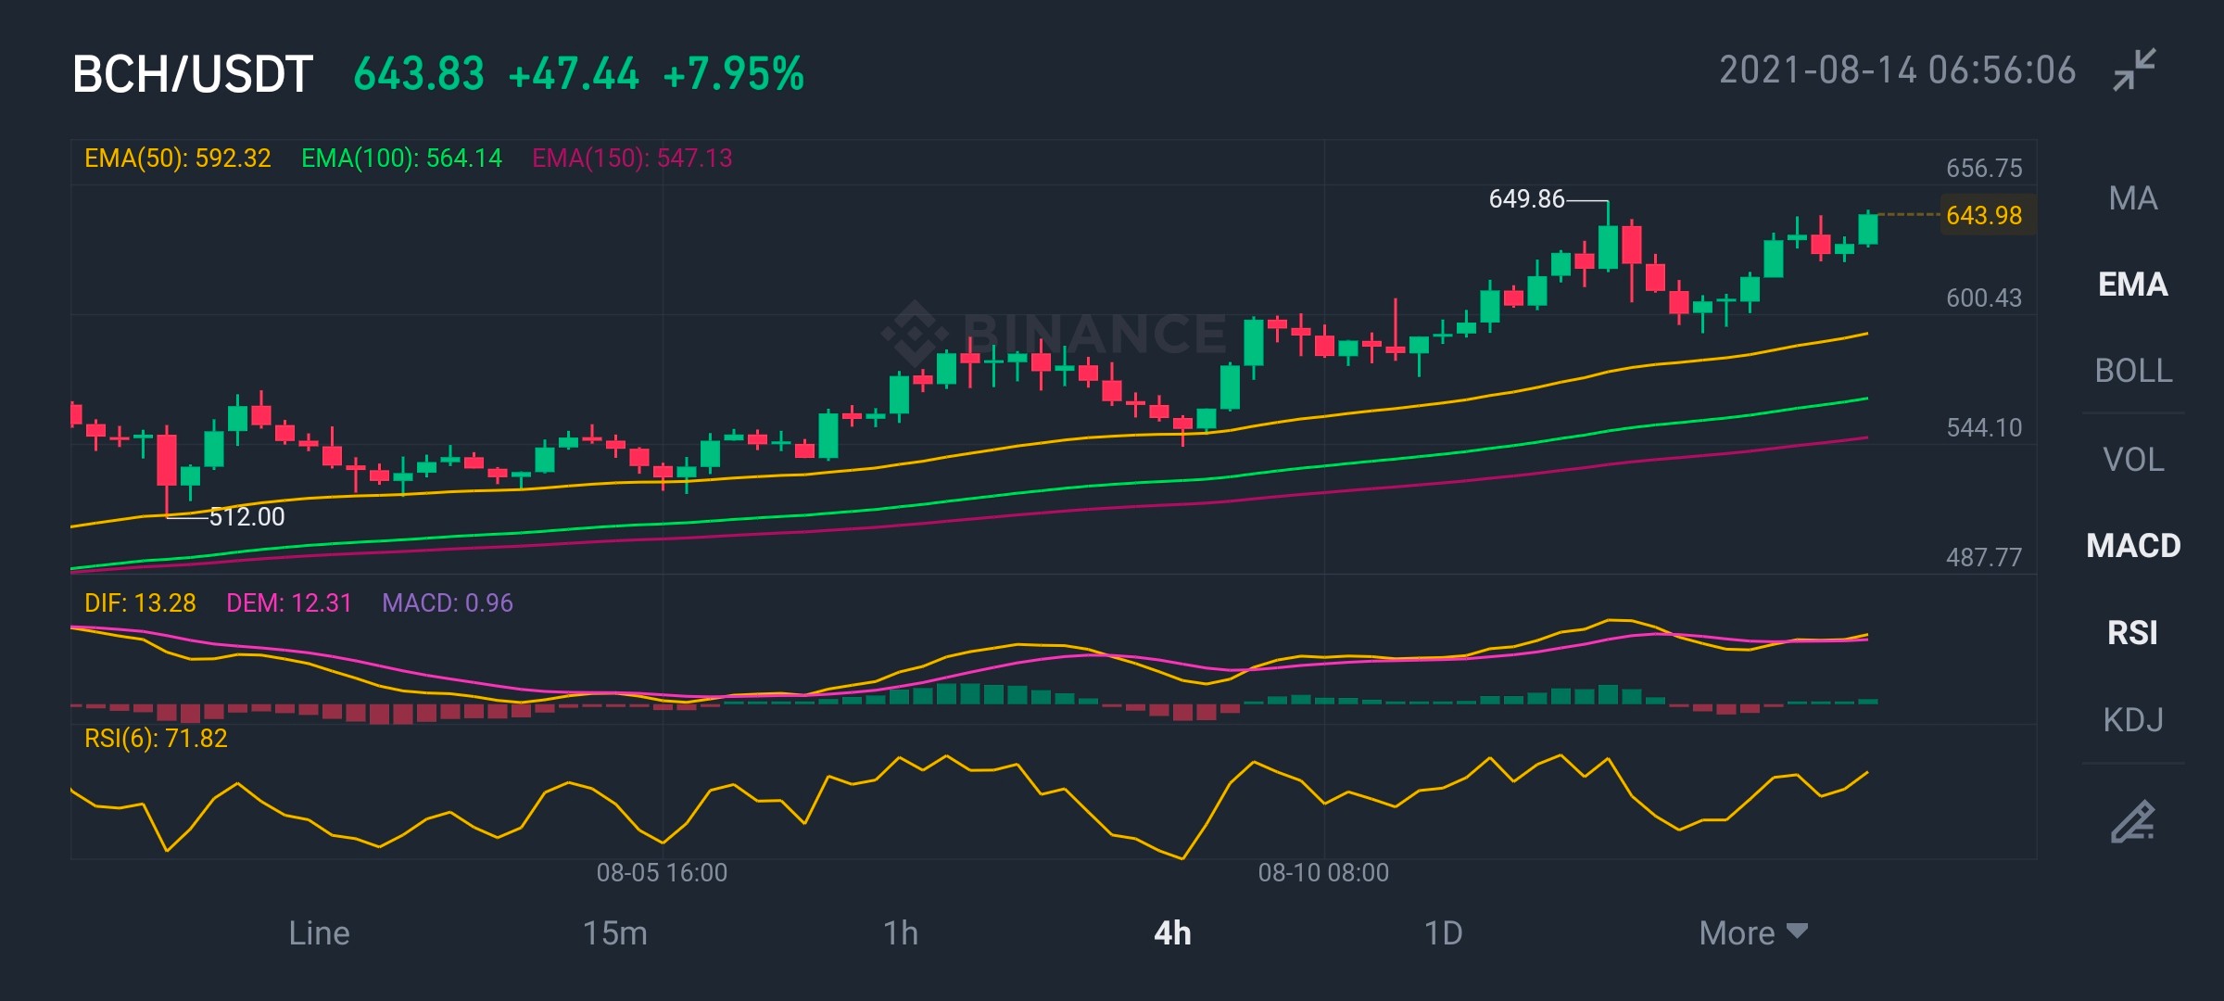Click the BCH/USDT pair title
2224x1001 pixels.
[193, 74]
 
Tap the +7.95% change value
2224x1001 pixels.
[734, 74]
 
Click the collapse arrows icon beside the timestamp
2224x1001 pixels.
[2135, 70]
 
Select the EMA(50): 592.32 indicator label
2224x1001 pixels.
[178, 158]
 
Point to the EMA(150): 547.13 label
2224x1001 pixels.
[632, 158]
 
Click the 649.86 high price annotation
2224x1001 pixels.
[1526, 199]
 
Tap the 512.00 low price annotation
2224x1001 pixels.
[247, 516]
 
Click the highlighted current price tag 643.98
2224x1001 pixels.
[1984, 215]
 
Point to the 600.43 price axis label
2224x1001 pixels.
[1984, 298]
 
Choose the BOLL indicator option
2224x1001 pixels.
[2133, 371]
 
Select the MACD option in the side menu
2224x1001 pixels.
[2133, 546]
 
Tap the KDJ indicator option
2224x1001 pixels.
[2133, 720]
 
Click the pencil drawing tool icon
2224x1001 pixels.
[2133, 821]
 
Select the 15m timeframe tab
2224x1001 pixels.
[615, 932]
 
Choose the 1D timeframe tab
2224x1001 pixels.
[1443, 932]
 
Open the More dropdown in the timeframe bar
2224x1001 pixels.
[1753, 932]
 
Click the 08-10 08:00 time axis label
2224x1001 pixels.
[1323, 872]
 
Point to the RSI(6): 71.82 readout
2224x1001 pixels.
[156, 739]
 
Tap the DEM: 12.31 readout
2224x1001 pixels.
[289, 603]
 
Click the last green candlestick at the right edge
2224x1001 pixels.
[1868, 228]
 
